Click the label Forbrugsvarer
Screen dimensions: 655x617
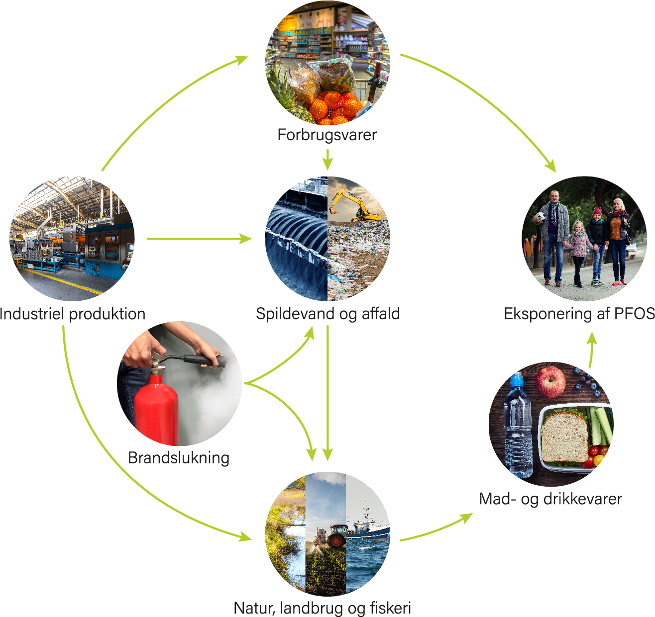coord(327,135)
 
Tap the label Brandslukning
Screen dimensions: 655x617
coord(178,458)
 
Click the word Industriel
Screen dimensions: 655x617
coord(32,314)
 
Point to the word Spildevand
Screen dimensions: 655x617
coord(296,314)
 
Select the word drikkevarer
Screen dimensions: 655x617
coord(582,499)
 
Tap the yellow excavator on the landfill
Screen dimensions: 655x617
coord(354,205)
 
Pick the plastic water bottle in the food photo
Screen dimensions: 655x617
coord(518,425)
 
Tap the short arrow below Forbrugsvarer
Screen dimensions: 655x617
coord(327,160)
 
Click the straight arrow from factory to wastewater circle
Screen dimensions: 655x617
coord(199,239)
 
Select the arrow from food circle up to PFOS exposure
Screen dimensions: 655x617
coord(592,350)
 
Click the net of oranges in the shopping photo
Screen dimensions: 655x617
coord(333,106)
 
